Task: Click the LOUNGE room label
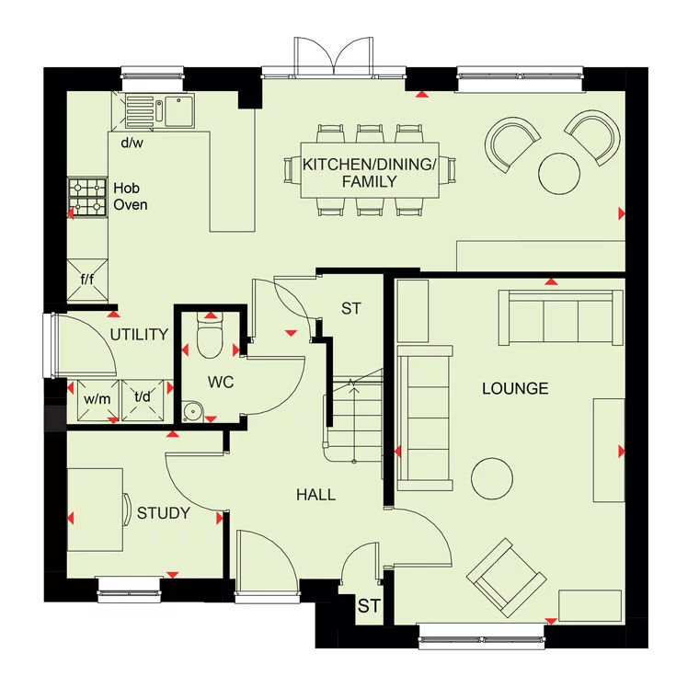click(515, 388)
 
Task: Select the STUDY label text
click(164, 513)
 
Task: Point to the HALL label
click(315, 495)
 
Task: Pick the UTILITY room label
click(139, 334)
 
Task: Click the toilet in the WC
click(211, 341)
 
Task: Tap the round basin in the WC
click(194, 409)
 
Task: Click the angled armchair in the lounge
click(504, 575)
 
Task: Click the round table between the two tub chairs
click(558, 172)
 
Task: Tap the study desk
click(95, 510)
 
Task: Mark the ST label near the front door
click(369, 606)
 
